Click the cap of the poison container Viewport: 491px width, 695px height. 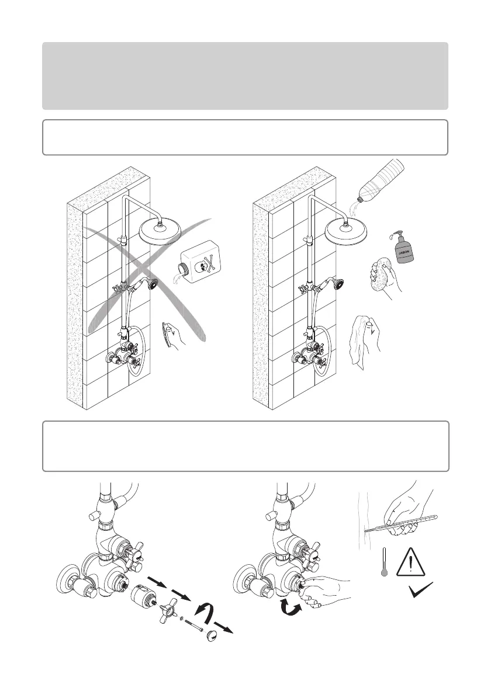click(181, 268)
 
